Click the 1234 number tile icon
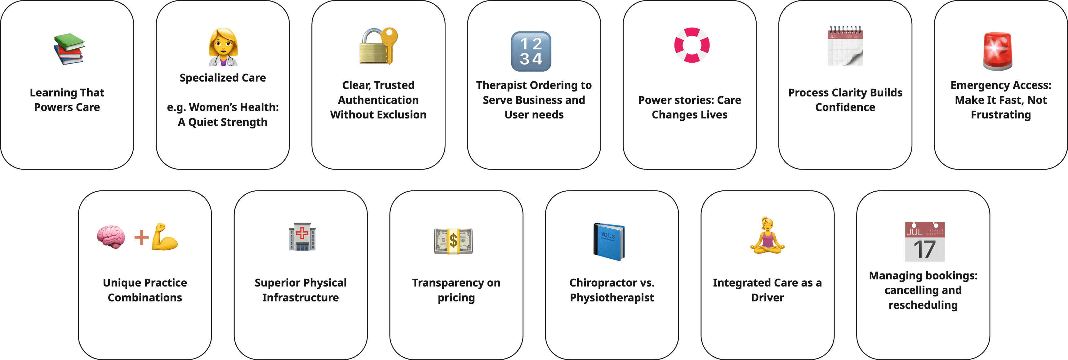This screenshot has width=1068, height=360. (x=531, y=51)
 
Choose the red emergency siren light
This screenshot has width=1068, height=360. (x=998, y=51)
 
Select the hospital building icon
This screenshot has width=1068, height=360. (x=302, y=237)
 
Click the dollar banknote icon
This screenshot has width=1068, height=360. (x=453, y=241)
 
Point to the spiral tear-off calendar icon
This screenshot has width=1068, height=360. (x=845, y=46)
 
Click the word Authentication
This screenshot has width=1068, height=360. (x=378, y=100)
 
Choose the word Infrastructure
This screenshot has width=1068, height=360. (x=300, y=298)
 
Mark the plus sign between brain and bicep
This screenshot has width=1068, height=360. (x=141, y=238)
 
